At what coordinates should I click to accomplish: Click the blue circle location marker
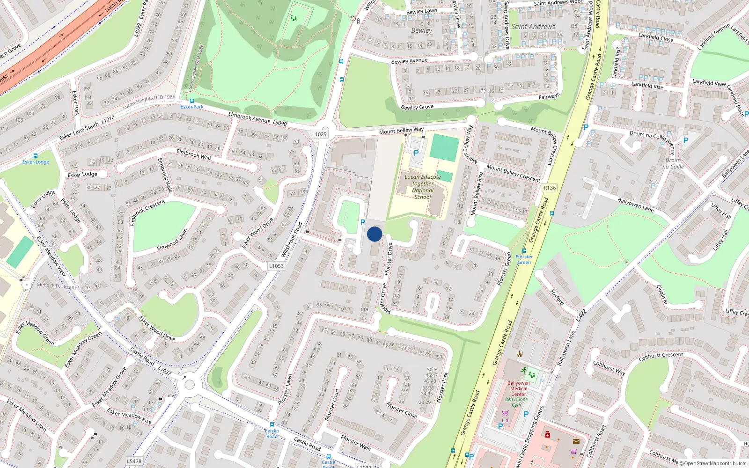tap(374, 234)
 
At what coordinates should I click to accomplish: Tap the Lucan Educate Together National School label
tap(423, 187)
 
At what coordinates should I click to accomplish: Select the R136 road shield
tap(550, 188)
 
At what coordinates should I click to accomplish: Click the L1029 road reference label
tap(319, 134)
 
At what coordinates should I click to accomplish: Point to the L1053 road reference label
tap(276, 266)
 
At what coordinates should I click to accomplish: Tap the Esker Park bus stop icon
tap(191, 101)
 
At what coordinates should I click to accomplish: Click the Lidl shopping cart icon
tap(505, 413)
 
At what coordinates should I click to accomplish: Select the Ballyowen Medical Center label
tap(519, 388)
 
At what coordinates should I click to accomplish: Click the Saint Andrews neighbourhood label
tap(533, 27)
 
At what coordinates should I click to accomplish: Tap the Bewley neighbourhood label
tap(421, 30)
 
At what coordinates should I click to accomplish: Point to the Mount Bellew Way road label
tap(401, 131)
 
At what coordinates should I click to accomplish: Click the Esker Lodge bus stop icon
tap(36, 156)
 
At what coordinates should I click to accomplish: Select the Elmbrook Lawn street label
tap(172, 240)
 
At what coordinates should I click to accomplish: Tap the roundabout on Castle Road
tap(190, 385)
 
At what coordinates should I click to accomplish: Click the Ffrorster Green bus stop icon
tap(524, 250)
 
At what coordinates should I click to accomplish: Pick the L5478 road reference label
tap(134, 461)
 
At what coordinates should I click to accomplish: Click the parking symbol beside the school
tap(416, 153)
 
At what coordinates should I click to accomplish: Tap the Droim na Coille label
tap(673, 163)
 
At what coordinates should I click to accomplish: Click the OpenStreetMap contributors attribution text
tap(712, 463)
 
